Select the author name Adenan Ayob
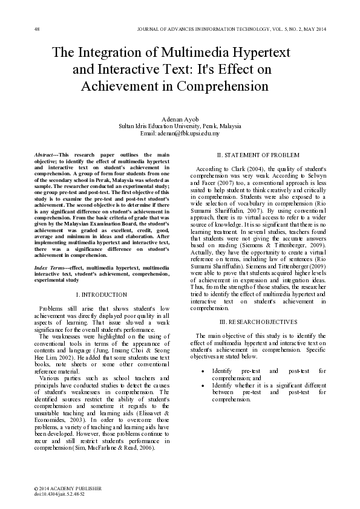click(180, 119)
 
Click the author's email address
click(180, 132)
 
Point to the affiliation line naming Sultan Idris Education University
click(180, 126)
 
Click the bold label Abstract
click(45, 155)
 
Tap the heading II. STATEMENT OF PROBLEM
click(258, 155)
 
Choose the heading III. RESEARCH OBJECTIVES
click(258, 321)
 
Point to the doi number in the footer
click(61, 493)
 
